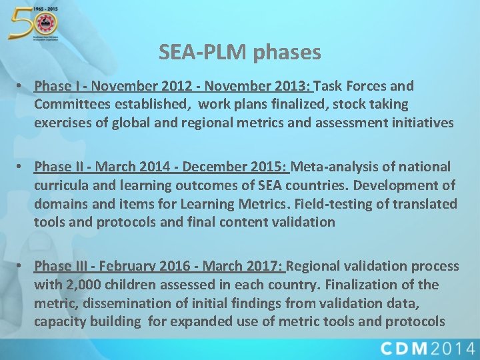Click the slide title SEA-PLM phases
pyautogui.click(x=240, y=52)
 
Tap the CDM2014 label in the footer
pyautogui.click(x=428, y=348)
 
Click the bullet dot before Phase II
pyautogui.click(x=22, y=166)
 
